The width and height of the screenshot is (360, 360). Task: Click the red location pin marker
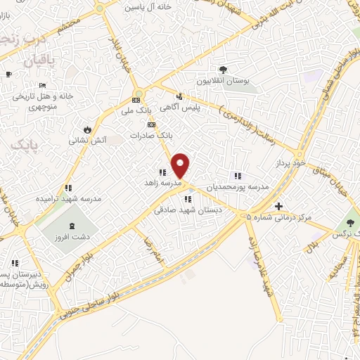[181, 165]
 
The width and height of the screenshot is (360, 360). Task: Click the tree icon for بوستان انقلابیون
[223, 69]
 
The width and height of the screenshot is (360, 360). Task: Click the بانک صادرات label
[150, 134]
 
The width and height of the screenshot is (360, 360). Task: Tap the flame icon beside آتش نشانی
[86, 129]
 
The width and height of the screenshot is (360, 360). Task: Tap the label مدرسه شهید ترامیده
[69, 199]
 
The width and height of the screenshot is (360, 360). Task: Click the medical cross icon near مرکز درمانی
[279, 206]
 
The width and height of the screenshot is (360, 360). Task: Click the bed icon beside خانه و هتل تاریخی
[42, 85]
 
